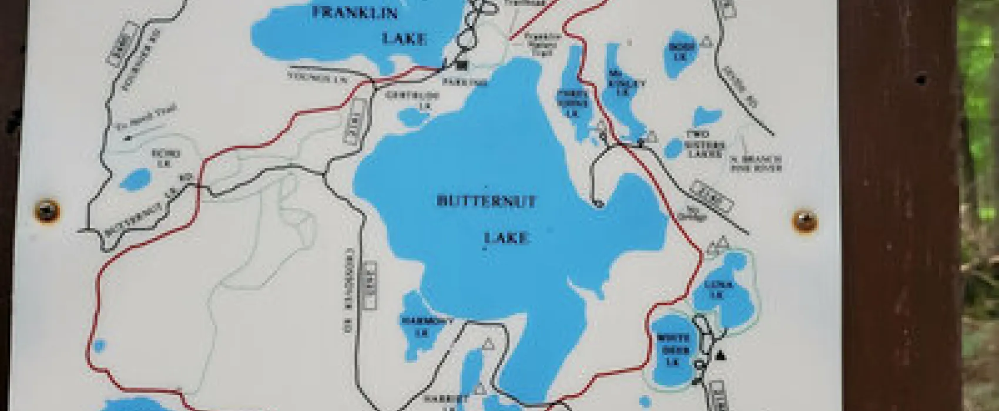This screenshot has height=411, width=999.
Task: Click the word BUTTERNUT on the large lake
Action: pos(487,201)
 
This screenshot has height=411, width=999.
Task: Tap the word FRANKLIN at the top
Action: pos(354,12)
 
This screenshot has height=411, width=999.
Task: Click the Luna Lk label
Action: pos(718,289)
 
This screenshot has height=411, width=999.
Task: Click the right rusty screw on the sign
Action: pos(805,220)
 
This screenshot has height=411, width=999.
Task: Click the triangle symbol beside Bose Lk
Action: pos(708,41)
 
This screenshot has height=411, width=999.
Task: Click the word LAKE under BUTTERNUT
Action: pos(507,238)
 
